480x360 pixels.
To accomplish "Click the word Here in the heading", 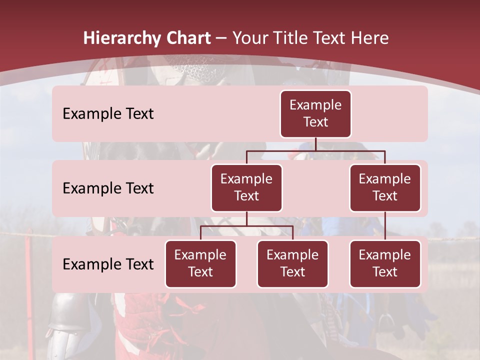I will pyautogui.click(x=370, y=38).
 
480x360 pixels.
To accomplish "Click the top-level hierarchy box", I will pyautogui.click(x=315, y=114).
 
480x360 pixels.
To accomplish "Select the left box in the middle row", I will pyautogui.click(x=246, y=188).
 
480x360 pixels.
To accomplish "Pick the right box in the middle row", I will pyautogui.click(x=385, y=188).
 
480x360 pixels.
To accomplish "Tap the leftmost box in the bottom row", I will pyautogui.click(x=200, y=264).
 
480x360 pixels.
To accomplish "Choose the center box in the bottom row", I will pyautogui.click(x=292, y=264).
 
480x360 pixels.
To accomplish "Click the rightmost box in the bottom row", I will pyautogui.click(x=385, y=264).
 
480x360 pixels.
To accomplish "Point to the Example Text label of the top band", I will pyautogui.click(x=108, y=114).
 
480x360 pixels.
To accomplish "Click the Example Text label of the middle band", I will pyautogui.click(x=108, y=188).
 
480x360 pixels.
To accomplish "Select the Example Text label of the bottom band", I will pyautogui.click(x=108, y=264).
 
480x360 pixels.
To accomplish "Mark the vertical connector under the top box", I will pyautogui.click(x=315, y=144).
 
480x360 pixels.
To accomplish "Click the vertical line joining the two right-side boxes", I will pyautogui.click(x=385, y=226).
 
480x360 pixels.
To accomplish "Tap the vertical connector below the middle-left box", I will pyautogui.click(x=246, y=218).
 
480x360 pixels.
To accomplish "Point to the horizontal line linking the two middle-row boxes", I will pyautogui.click(x=315, y=150).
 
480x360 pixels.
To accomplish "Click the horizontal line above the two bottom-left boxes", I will pyautogui.click(x=246, y=226).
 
